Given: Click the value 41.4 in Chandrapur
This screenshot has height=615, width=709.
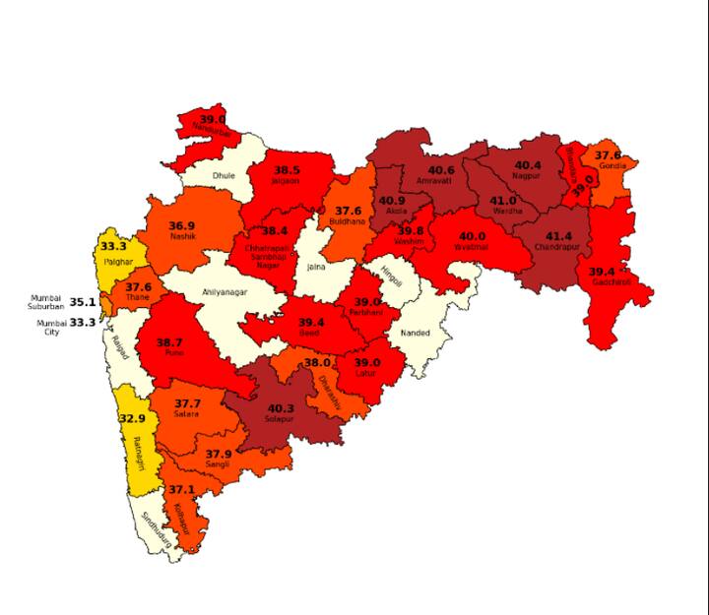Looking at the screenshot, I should click(558, 237).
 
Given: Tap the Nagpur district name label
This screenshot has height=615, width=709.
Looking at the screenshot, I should click(527, 176).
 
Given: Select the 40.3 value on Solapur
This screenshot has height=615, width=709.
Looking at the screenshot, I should click(281, 408).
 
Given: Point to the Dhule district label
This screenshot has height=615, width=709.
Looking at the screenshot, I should click(225, 176).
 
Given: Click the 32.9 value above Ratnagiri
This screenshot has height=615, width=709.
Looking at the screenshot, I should click(132, 417).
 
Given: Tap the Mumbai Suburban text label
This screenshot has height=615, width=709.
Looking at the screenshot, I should click(46, 302).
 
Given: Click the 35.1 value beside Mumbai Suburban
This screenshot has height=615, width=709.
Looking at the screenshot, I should click(83, 302).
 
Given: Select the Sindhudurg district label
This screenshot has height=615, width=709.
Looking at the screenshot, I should click(156, 530).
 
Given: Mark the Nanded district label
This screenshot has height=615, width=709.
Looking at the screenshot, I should click(415, 334).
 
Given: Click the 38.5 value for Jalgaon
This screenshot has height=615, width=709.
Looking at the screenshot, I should click(287, 169).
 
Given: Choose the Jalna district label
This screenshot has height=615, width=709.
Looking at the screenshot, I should click(316, 267).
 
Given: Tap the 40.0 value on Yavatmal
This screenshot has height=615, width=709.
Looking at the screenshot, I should click(473, 236).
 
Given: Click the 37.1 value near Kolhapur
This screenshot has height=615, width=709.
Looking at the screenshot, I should click(182, 489).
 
